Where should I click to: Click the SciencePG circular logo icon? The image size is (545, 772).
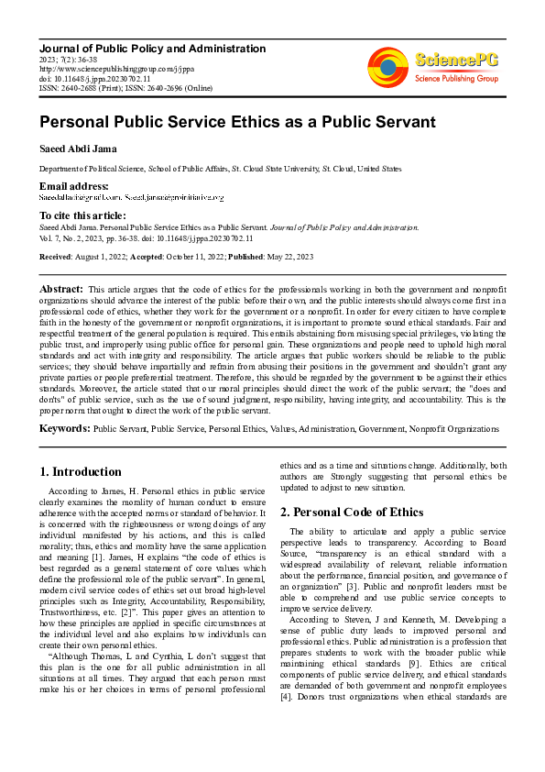pyautogui.click(x=388, y=67)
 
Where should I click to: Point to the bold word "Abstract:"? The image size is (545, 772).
pyautogui.click(x=62, y=289)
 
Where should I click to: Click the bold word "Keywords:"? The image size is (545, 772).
pyautogui.click(x=64, y=428)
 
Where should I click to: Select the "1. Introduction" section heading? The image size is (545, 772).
pyautogui.click(x=81, y=472)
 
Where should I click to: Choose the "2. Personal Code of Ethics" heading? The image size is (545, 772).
pyautogui.click(x=352, y=512)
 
